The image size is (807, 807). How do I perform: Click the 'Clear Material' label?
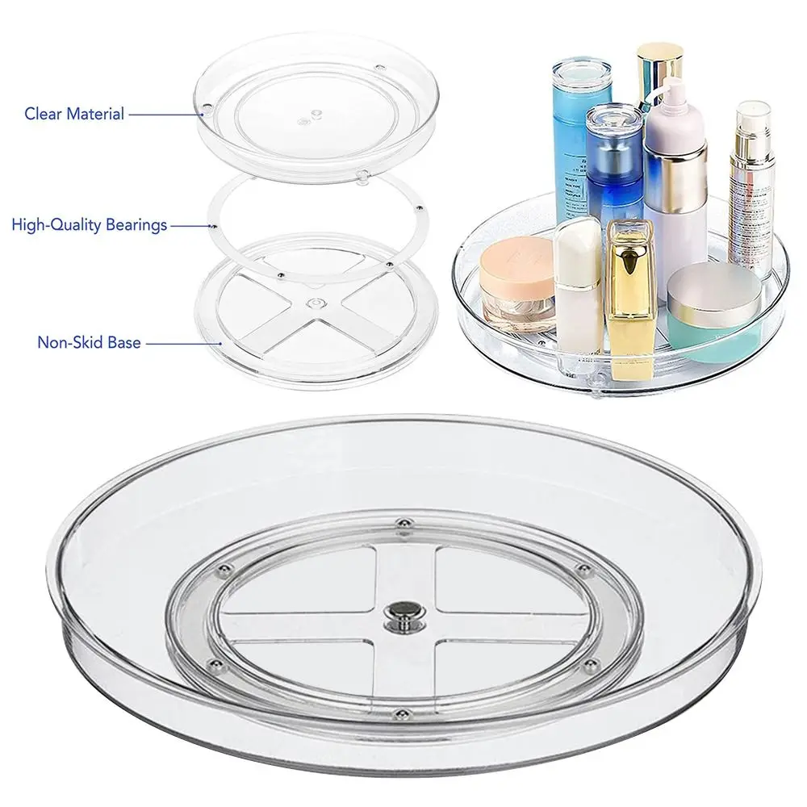(x=74, y=114)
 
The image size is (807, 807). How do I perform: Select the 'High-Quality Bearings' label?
(x=90, y=225)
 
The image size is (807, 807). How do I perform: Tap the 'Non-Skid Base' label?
(x=90, y=342)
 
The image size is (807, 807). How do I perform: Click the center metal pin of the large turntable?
(x=397, y=611)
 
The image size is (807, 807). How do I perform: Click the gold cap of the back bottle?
(x=659, y=64)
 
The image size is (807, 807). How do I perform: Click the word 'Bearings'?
(x=136, y=225)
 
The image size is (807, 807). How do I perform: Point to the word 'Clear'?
(x=44, y=114)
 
